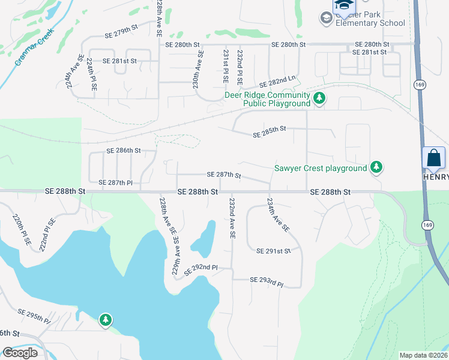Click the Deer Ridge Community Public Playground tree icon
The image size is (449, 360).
click(320, 97)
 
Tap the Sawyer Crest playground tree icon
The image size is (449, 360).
click(376, 167)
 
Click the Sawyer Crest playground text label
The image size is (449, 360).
click(321, 168)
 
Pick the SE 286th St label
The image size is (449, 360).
click(124, 150)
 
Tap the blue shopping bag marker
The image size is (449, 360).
click(433, 159)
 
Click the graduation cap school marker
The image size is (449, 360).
click(344, 5)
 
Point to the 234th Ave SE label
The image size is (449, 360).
click(278, 215)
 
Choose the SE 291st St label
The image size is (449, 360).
click(273, 250)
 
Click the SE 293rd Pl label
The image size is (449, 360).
click(266, 280)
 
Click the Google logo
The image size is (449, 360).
click(20, 352)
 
